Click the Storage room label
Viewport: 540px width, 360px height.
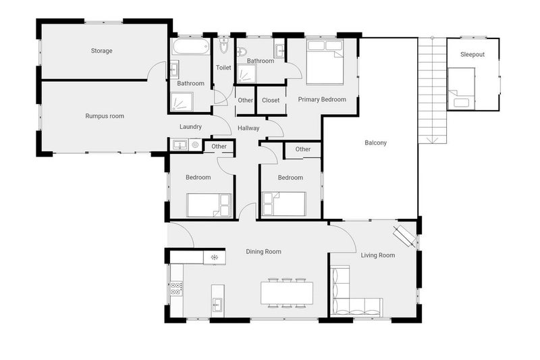click(x=102, y=51)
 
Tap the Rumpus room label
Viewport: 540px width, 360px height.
click(x=105, y=116)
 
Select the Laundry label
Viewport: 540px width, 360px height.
click(x=190, y=127)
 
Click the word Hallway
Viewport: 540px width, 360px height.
click(x=248, y=128)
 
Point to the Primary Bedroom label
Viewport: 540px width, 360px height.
click(x=322, y=99)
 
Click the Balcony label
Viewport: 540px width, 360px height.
click(x=376, y=143)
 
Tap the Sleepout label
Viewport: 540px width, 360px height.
click(x=473, y=55)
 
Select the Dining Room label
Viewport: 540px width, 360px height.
click(x=263, y=252)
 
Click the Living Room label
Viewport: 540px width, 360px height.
click(x=378, y=255)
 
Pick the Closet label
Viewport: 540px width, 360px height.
click(x=271, y=100)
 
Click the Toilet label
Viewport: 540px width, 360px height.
click(x=223, y=68)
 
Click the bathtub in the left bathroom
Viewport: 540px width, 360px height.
click(x=191, y=47)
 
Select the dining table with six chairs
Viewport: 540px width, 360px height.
click(x=287, y=292)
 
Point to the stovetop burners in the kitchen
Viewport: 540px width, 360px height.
click(x=176, y=288)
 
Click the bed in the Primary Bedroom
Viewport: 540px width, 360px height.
click(x=325, y=62)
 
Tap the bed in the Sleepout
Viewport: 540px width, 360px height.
click(x=462, y=88)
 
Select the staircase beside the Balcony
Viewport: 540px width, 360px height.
click(x=433, y=91)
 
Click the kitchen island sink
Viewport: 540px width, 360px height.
click(x=217, y=305)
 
